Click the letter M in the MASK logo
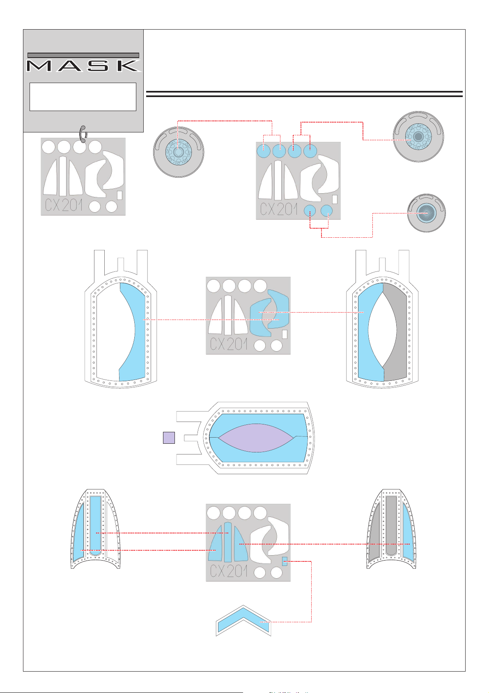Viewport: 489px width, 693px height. point(39,66)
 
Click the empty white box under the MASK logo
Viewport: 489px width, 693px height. point(83,97)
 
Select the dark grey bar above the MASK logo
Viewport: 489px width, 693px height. point(83,56)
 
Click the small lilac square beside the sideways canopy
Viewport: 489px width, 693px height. point(169,438)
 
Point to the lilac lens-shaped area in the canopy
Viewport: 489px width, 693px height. point(256,438)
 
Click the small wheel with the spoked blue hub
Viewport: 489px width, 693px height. point(426,213)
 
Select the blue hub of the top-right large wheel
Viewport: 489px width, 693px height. point(418,137)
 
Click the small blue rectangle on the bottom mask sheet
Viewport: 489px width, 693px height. point(285,561)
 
